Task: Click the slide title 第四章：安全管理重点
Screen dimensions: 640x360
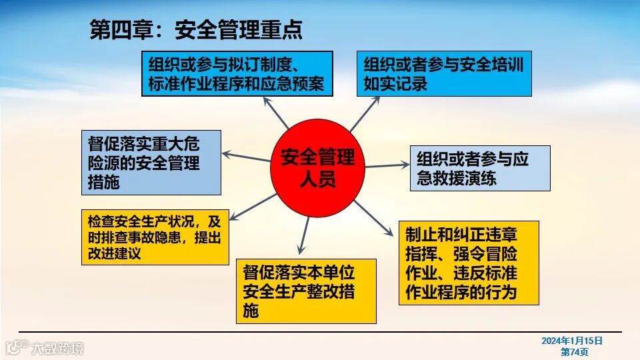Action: click(x=196, y=29)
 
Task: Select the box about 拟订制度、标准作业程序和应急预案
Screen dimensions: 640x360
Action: click(x=237, y=74)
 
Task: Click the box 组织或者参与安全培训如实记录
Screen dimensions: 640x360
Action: click(x=443, y=74)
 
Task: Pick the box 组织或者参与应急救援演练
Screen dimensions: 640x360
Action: click(x=480, y=168)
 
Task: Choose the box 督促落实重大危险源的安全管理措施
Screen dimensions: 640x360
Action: click(x=151, y=162)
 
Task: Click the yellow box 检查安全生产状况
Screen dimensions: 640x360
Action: click(x=155, y=237)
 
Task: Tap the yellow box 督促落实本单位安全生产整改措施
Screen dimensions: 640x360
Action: click(x=306, y=291)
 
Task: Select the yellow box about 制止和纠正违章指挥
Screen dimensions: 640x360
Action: click(x=468, y=263)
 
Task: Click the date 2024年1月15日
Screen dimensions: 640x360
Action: click(x=572, y=341)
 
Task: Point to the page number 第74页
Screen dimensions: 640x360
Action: click(x=574, y=351)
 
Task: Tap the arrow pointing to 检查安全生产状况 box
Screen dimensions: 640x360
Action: click(x=253, y=206)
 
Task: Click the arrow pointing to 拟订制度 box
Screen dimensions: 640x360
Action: click(x=276, y=113)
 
